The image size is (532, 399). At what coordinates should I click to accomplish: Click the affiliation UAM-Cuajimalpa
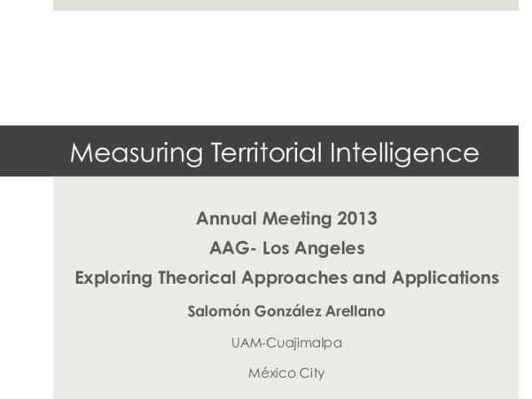286,342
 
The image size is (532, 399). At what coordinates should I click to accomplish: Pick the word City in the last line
311,373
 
